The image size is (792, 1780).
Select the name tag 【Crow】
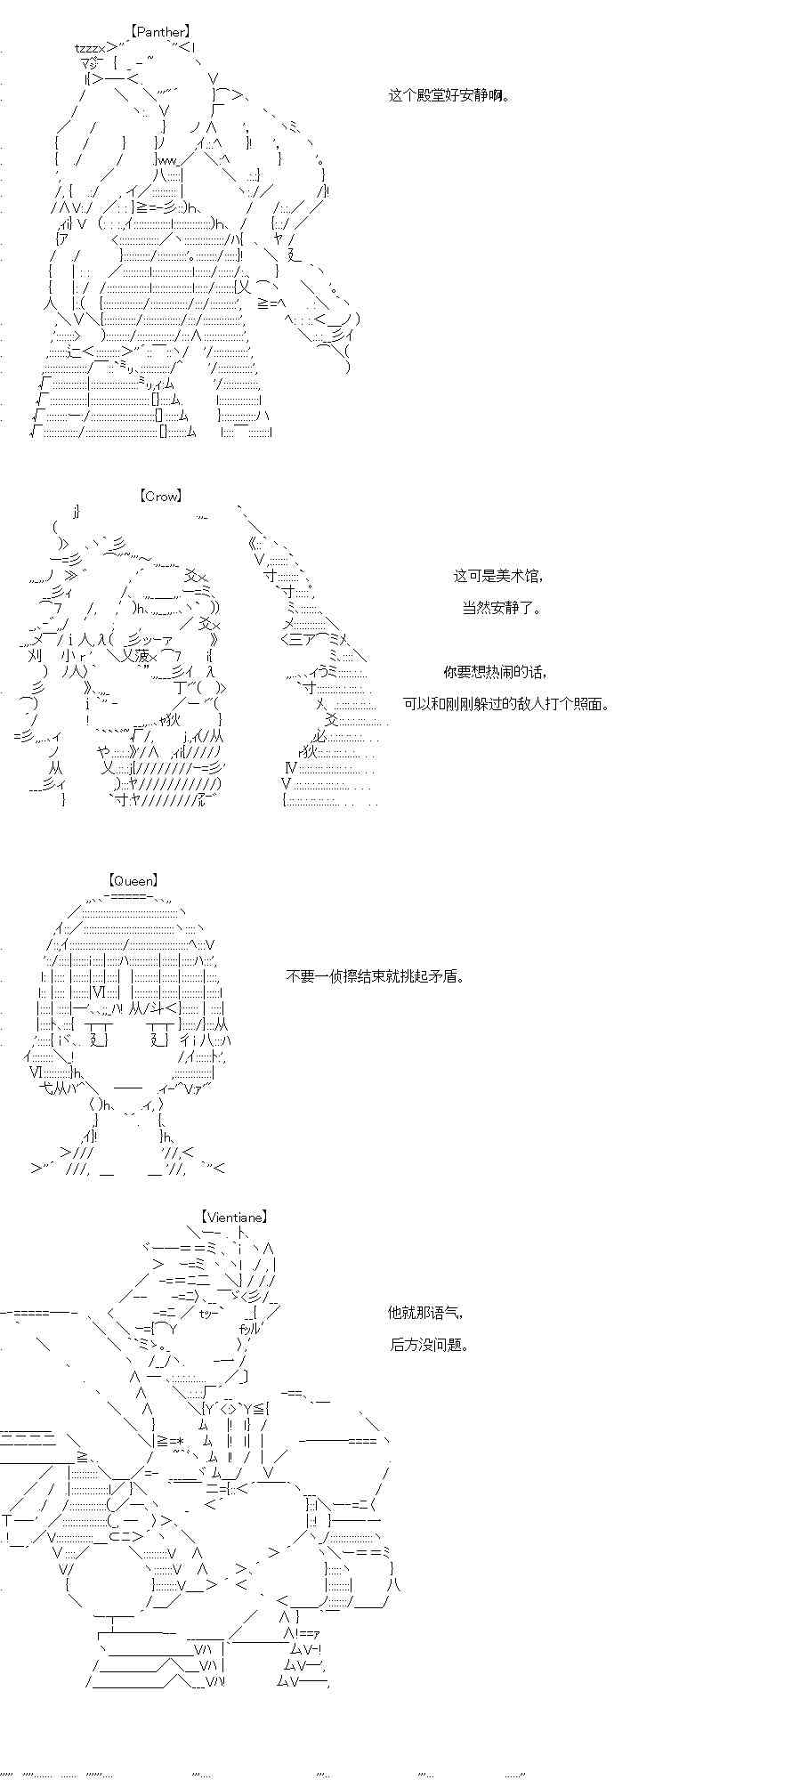(160, 497)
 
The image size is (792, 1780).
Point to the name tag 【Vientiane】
(234, 1217)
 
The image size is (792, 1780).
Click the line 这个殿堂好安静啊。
(449, 95)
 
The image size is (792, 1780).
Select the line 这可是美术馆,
(497, 576)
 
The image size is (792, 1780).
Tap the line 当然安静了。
(501, 609)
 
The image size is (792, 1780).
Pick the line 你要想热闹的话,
(495, 672)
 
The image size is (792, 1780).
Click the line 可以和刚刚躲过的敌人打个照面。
(506, 704)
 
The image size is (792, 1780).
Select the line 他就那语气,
(425, 1312)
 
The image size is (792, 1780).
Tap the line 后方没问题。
(429, 1344)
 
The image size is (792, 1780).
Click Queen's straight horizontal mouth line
(128, 1088)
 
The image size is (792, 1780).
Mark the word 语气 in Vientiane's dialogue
(445, 1312)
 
